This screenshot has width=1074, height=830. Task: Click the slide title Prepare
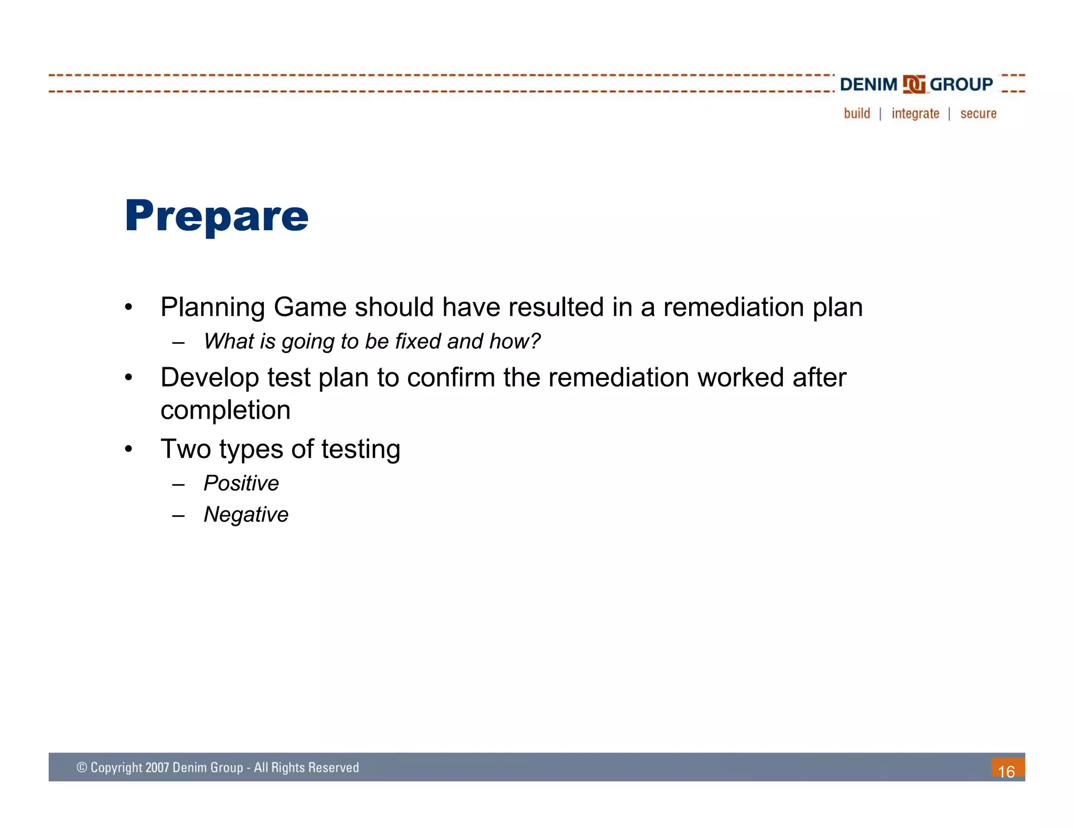click(x=217, y=216)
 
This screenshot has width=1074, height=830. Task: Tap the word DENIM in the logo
click(x=868, y=84)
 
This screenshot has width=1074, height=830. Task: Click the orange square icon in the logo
click(x=914, y=84)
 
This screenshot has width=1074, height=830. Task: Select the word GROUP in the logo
click(x=961, y=84)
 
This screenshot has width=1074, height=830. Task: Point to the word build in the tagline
click(x=857, y=113)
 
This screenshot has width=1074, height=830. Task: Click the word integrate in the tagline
click(x=915, y=114)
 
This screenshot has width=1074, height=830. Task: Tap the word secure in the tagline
click(x=978, y=114)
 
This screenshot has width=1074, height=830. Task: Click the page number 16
click(x=1006, y=771)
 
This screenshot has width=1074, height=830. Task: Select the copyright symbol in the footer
click(x=82, y=768)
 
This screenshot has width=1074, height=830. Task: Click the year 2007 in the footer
click(x=157, y=768)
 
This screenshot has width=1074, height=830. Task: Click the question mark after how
click(x=535, y=341)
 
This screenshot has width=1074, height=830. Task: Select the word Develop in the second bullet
click(x=210, y=378)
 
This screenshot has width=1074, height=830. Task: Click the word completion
click(x=225, y=410)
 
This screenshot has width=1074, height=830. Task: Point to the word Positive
click(x=241, y=483)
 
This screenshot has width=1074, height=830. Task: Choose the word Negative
click(x=245, y=515)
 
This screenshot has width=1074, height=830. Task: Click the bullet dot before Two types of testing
click(x=128, y=449)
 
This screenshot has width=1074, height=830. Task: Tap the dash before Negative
click(x=178, y=516)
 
